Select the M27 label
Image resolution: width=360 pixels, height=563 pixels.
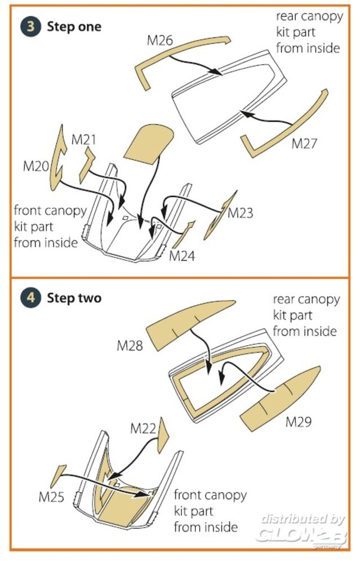point(305,144)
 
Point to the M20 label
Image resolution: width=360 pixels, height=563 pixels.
point(36,167)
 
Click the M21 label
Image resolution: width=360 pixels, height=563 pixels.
point(83,139)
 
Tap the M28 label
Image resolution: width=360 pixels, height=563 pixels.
point(130,346)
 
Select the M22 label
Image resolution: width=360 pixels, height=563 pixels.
point(143,428)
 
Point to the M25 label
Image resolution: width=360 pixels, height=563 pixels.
point(51,497)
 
